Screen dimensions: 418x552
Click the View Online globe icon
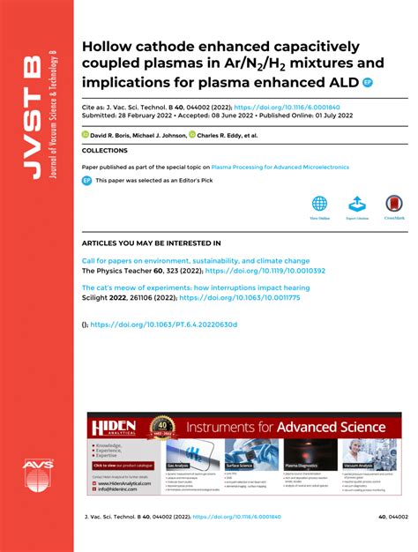click(x=318, y=205)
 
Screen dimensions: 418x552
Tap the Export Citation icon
click(x=357, y=205)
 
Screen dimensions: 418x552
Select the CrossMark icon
click(x=393, y=205)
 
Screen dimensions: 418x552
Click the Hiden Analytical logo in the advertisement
click(x=110, y=427)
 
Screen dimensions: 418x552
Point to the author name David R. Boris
click(x=114, y=136)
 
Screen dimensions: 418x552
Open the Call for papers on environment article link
click(x=195, y=261)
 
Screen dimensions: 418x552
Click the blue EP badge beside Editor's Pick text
click(x=86, y=180)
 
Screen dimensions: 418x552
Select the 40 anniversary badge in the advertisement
click(x=160, y=426)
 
